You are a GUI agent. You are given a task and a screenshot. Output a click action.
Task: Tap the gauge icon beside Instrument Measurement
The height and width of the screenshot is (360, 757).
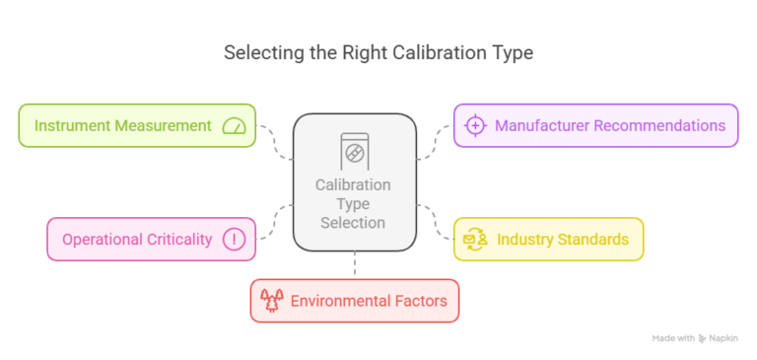click(234, 125)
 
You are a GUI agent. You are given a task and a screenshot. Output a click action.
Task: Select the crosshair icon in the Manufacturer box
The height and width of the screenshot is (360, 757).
click(475, 125)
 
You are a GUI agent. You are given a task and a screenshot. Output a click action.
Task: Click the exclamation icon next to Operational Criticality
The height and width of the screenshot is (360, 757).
click(234, 239)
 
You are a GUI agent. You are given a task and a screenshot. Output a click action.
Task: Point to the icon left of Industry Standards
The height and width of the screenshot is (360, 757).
click(475, 239)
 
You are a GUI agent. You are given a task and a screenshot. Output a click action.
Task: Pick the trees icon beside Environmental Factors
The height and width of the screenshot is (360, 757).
click(271, 300)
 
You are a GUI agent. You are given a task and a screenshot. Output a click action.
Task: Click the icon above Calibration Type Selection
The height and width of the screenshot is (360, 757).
click(353, 150)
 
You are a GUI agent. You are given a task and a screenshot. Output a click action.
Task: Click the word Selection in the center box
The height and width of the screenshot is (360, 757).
click(353, 223)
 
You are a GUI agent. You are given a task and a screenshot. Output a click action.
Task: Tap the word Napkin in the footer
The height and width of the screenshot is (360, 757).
click(728, 337)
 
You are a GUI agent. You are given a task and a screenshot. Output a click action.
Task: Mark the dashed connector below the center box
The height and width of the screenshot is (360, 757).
click(354, 264)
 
